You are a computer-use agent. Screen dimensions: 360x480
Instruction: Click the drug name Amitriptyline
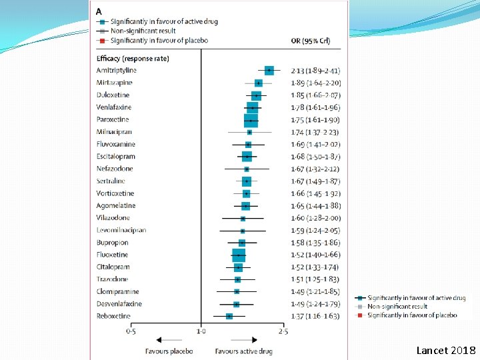point(117,70)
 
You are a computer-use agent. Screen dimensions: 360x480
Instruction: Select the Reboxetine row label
point(113,316)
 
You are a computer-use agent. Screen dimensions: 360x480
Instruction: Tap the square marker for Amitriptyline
point(269,70)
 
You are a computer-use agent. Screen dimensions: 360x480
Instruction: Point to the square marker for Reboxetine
point(229,316)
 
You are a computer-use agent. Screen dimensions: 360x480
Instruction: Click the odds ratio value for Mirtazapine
point(315,83)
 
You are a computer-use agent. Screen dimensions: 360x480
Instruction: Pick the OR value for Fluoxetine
point(315,255)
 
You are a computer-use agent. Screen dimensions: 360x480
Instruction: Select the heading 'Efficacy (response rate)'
point(133,58)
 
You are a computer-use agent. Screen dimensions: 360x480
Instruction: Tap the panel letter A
point(99,11)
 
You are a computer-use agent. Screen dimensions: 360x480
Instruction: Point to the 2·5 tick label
point(283,331)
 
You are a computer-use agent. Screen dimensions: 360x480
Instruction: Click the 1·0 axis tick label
point(201,331)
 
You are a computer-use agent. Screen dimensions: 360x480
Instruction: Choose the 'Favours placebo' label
point(169,351)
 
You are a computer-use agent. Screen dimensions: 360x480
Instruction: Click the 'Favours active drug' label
point(243,351)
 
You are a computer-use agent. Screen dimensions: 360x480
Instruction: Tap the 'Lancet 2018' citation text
point(445,350)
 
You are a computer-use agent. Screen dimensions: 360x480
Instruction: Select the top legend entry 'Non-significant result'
point(143,31)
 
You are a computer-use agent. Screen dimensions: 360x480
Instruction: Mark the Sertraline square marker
point(247,181)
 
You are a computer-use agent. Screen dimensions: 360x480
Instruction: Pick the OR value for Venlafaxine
point(315,107)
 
